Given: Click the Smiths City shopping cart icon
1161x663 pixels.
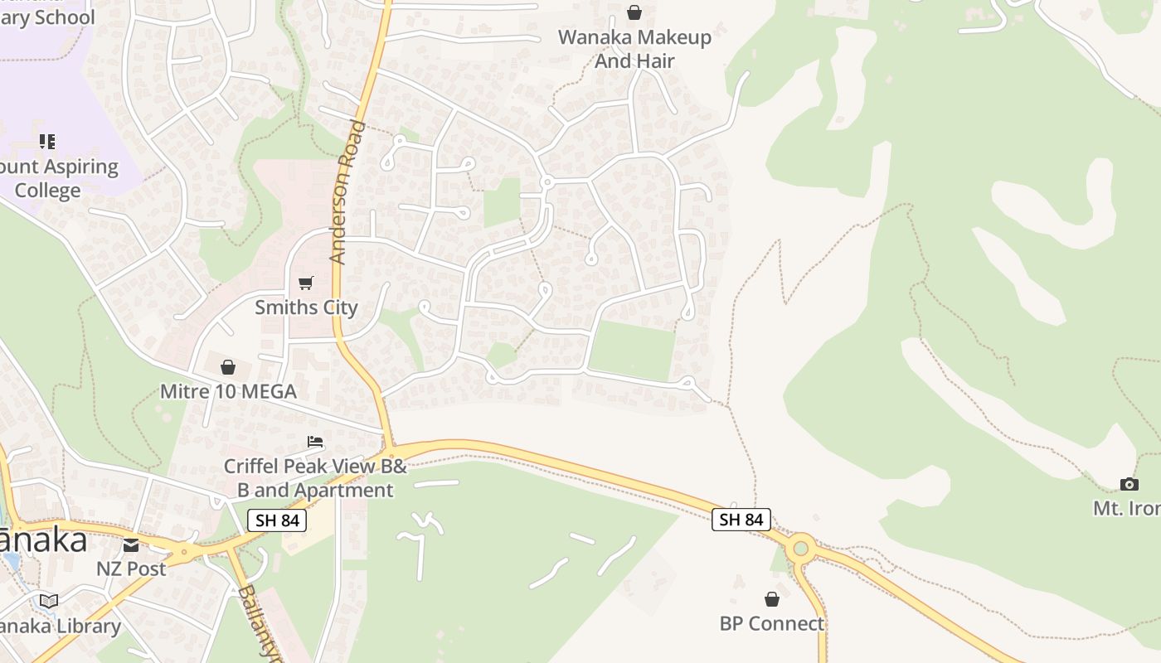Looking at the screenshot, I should [306, 283].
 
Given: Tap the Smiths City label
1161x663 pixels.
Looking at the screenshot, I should [306, 307].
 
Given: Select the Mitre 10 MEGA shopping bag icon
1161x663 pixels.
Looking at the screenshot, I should [228, 367].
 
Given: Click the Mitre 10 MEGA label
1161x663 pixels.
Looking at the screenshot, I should [228, 391].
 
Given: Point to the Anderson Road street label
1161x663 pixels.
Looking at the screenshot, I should [347, 192].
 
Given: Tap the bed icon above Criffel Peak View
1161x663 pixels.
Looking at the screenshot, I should [315, 442].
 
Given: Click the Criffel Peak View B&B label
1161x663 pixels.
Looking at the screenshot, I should [315, 478].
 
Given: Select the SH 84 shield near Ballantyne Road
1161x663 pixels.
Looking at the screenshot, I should [277, 520].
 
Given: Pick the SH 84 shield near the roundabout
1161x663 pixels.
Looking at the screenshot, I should [741, 520].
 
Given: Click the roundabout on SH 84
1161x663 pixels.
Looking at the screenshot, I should [800, 548].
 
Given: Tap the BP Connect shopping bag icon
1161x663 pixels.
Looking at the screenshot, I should [772, 599].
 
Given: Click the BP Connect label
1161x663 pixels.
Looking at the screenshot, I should [772, 623].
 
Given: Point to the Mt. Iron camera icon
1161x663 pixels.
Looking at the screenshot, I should [1129, 484].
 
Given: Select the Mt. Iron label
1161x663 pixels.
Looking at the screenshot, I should [1128, 508].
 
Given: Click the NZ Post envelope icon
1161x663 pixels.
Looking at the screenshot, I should [131, 544].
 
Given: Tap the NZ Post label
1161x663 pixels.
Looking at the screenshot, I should [131, 569].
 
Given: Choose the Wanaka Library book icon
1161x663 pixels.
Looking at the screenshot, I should [49, 601].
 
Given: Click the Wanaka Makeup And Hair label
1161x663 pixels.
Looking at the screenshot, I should [634, 49].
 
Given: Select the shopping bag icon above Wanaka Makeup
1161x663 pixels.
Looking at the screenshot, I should [634, 12].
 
